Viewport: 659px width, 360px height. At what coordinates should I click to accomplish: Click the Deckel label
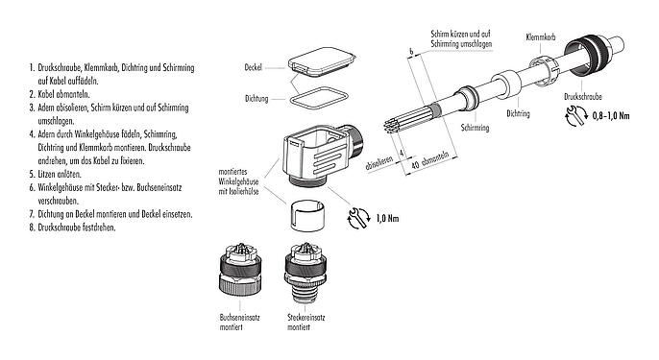[x=253, y=67]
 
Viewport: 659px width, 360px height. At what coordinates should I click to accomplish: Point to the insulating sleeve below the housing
[x=306, y=215]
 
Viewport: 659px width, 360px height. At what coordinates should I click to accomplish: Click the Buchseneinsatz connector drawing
[x=240, y=270]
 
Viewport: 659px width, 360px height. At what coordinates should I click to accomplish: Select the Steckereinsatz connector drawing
[x=305, y=273]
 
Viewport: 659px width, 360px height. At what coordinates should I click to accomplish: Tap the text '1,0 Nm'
[x=387, y=219]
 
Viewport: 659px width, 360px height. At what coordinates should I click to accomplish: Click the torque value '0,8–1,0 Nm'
[x=611, y=116]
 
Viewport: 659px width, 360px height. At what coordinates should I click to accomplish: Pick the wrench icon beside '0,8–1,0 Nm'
[x=575, y=116]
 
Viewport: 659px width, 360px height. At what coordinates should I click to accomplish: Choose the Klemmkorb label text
[x=541, y=37]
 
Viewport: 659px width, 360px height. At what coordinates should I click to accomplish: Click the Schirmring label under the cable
[x=475, y=128]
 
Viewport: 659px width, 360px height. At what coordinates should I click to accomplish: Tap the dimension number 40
[x=415, y=165]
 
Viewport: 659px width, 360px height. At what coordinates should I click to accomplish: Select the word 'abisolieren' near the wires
[x=379, y=164]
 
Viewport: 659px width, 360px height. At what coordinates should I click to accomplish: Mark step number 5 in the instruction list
[x=32, y=175]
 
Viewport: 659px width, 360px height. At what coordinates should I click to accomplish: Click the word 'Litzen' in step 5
[x=46, y=175]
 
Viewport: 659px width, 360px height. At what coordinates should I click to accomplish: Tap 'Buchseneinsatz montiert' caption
[x=239, y=323]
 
